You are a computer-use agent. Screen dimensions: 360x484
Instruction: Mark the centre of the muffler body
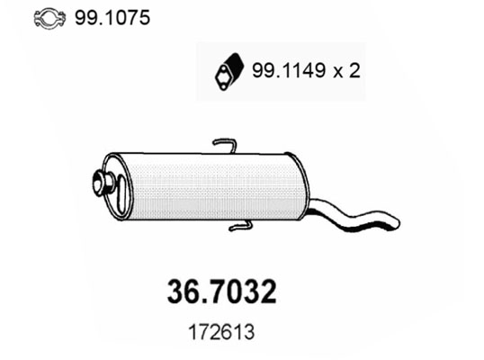pyautogui.click(x=207, y=186)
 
